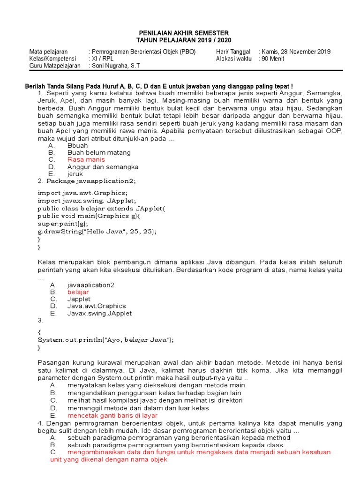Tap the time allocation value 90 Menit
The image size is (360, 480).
click(273, 59)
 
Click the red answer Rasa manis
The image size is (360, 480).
click(86, 159)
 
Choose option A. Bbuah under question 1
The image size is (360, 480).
click(77, 145)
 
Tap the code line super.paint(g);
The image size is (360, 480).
click(62, 224)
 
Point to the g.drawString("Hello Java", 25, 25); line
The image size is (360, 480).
click(97, 232)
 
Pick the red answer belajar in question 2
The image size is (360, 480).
click(78, 292)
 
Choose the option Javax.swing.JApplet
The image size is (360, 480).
click(99, 313)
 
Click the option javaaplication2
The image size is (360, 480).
click(90, 285)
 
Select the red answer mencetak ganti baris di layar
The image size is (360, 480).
click(112, 415)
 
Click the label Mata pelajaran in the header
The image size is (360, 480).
click(49, 52)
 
